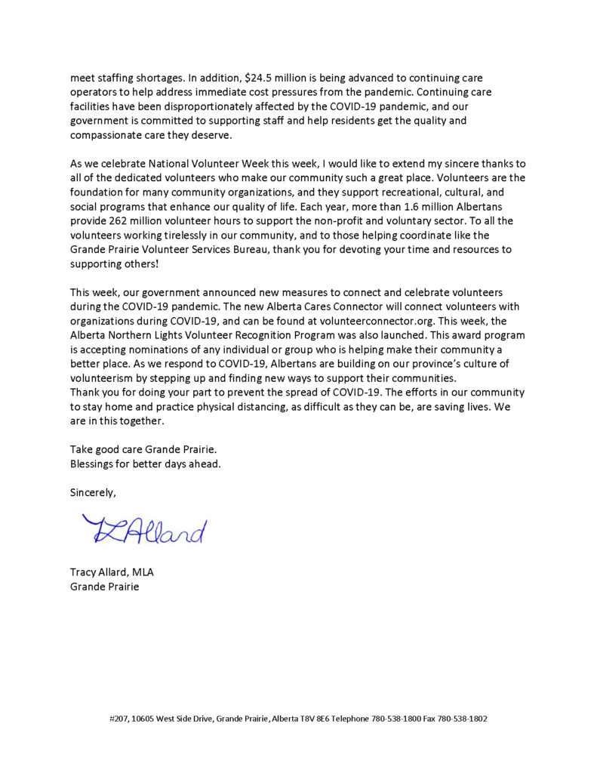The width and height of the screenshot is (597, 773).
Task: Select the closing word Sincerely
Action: pos(93,492)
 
